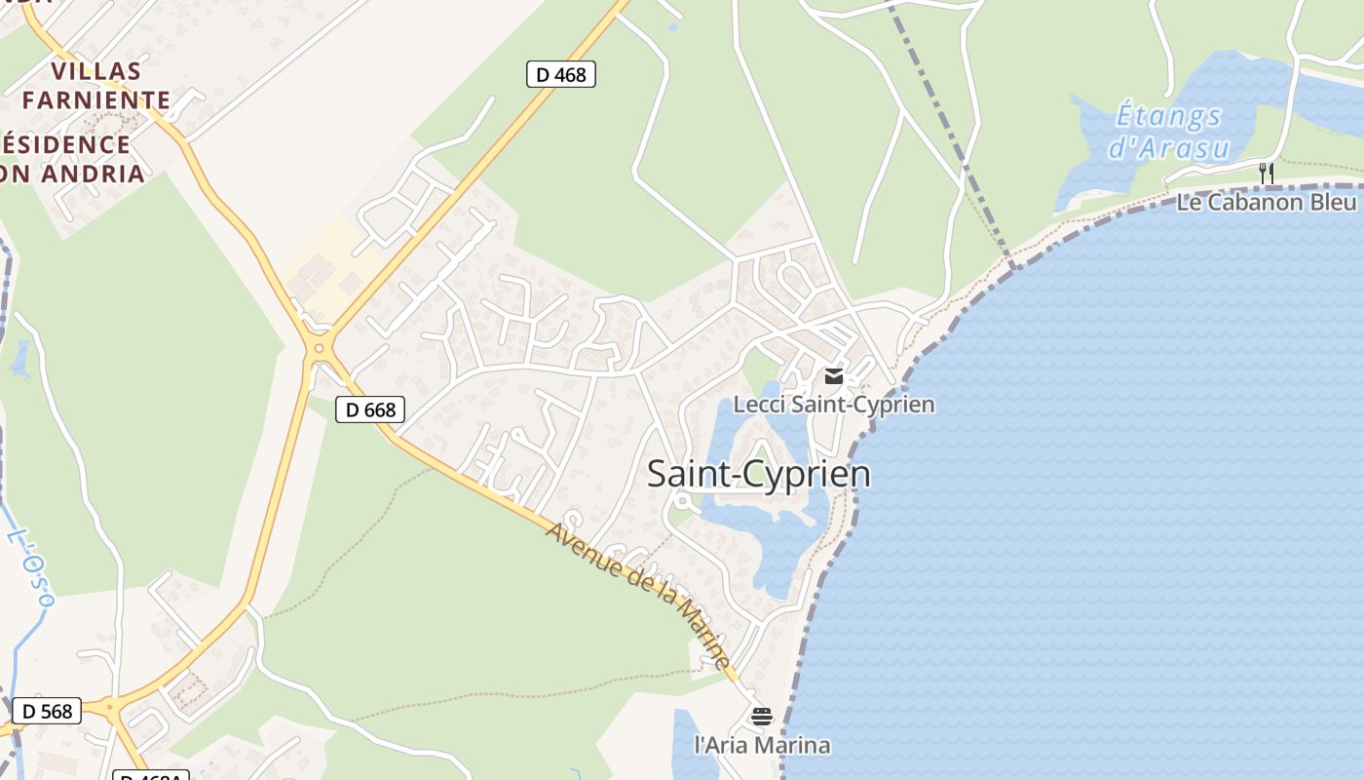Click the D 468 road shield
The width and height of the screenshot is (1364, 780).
(560, 74)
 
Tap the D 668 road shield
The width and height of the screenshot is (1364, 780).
(369, 409)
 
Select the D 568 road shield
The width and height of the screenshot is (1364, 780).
(47, 711)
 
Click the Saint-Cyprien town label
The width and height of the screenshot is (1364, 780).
(759, 474)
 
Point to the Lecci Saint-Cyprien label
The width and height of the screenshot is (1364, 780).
(833, 404)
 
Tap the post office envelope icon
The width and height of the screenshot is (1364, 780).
(833, 376)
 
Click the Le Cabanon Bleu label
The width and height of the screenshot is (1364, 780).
(1266, 202)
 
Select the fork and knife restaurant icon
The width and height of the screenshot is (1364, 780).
(1266, 174)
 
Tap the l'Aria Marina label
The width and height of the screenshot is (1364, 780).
(762, 745)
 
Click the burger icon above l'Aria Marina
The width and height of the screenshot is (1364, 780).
(762, 717)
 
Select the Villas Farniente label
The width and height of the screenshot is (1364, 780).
(96, 85)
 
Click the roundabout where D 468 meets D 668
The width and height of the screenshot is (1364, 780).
(318, 348)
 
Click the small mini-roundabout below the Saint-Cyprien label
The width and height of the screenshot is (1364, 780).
(683, 502)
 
